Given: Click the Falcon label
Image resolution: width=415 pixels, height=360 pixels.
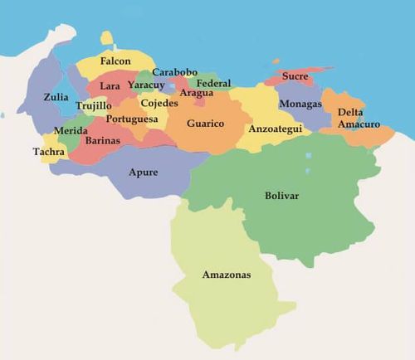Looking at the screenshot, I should coord(115,61).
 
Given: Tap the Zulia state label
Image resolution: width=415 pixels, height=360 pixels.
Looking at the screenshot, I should coord(56,97).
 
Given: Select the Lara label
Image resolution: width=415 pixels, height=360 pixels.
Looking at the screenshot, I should coord(110,85).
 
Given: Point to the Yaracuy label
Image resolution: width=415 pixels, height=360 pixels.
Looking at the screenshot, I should coord(146,85).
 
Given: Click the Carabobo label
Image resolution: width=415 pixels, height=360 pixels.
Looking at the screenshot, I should coord(174,72).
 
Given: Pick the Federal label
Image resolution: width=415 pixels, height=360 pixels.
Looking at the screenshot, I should coord(214,84).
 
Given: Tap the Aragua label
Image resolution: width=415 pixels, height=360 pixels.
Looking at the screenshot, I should coord(196,93).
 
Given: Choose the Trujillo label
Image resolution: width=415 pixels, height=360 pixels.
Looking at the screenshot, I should coord(93,105).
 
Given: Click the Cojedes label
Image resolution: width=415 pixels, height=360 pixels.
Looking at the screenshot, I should coord(159,103).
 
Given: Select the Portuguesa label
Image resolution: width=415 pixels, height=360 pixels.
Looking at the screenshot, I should coord(132,119).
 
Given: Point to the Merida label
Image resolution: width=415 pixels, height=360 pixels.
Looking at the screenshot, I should coord(70,131).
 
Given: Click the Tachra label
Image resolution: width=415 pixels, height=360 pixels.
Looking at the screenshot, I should coord(48,152).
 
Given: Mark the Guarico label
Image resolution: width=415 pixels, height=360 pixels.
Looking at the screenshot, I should coord(205,124).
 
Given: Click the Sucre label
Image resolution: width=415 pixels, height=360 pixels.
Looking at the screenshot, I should coord(295,76).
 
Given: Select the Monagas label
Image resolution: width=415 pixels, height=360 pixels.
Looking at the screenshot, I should coord(300,105).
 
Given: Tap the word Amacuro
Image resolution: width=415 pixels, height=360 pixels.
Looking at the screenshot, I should coord(359,124).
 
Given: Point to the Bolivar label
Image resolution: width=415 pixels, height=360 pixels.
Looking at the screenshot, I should coord(281,196).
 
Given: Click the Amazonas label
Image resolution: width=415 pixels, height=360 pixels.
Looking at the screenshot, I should coord(226,274).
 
